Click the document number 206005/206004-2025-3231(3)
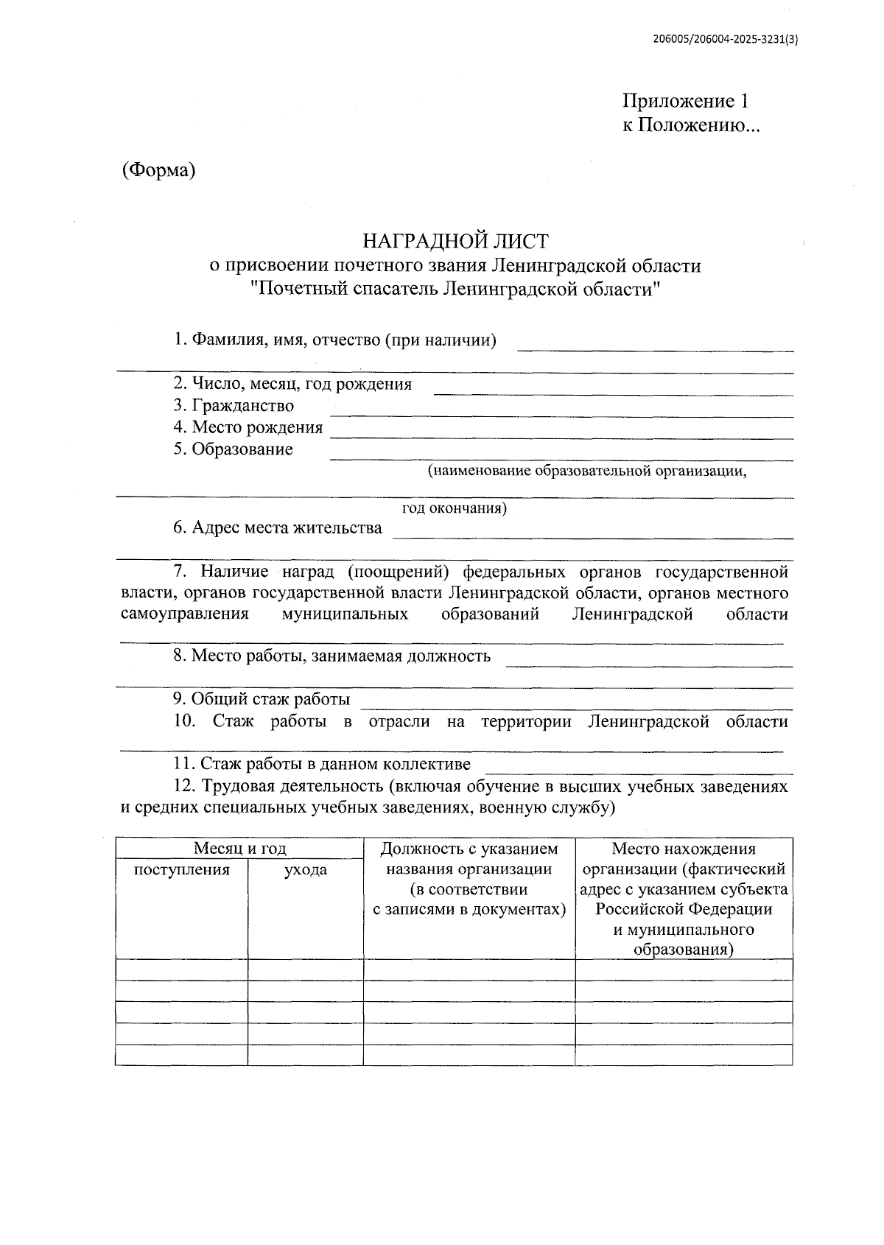tap(726, 41)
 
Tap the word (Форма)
tap(158, 170)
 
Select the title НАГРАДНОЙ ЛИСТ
tap(455, 241)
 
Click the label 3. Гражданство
tap(234, 405)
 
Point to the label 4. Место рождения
tap(248, 427)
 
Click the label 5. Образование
tap(234, 449)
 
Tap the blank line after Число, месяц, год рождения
tap(613, 393)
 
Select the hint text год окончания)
tap(454, 508)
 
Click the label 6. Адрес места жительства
tap(278, 527)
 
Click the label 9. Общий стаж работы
tap(262, 699)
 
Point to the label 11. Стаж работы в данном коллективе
tap(322, 764)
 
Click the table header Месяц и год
tap(239, 849)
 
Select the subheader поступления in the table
tap(181, 870)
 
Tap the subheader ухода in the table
tap(306, 870)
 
